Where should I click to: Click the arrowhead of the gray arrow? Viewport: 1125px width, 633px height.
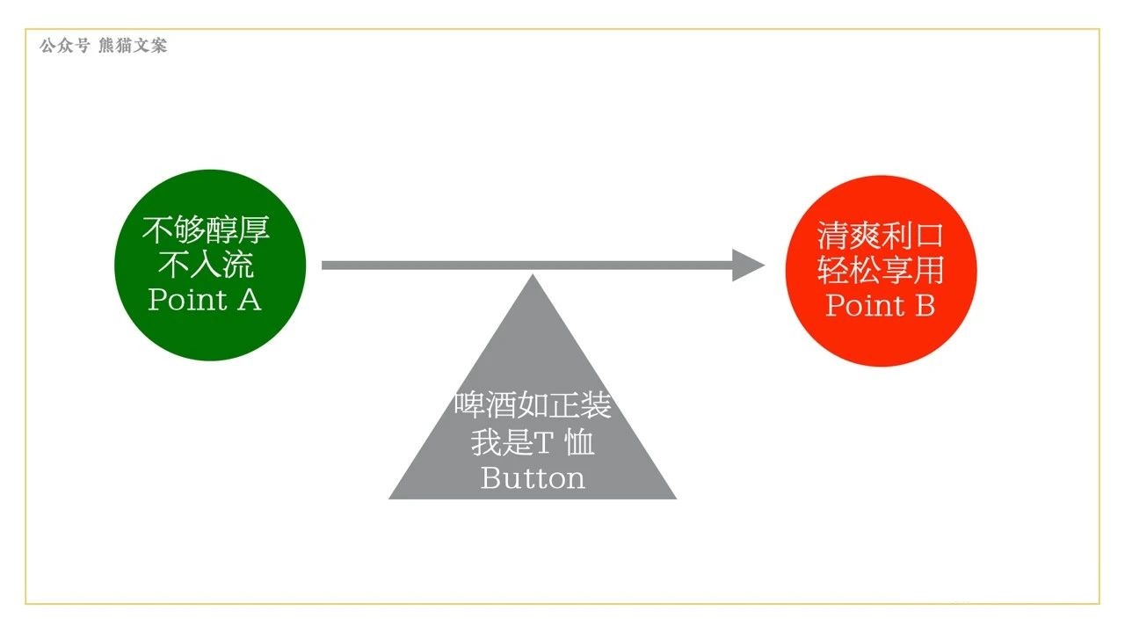point(748,265)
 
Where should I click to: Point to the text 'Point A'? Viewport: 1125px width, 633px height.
point(205,300)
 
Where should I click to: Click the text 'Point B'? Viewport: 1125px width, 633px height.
point(880,305)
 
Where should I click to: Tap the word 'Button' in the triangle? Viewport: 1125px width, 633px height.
point(533,478)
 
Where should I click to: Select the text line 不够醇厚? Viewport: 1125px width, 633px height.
point(206,230)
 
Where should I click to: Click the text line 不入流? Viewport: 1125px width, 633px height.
point(206,265)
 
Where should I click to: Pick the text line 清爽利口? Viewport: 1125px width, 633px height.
point(880,236)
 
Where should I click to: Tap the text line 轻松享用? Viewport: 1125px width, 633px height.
point(880,270)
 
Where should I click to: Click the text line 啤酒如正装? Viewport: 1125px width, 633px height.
point(533,405)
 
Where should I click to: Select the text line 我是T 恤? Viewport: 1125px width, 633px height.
point(533,442)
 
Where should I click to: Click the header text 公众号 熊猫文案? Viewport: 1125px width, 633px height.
point(103,46)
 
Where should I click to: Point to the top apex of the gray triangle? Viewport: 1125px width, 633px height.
point(533,277)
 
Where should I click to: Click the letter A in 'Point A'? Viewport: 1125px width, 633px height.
point(249,300)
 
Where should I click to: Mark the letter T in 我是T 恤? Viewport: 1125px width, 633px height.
point(544,443)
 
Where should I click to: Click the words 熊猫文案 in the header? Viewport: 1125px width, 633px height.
point(133,46)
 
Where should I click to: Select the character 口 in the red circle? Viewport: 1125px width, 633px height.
point(928,236)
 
